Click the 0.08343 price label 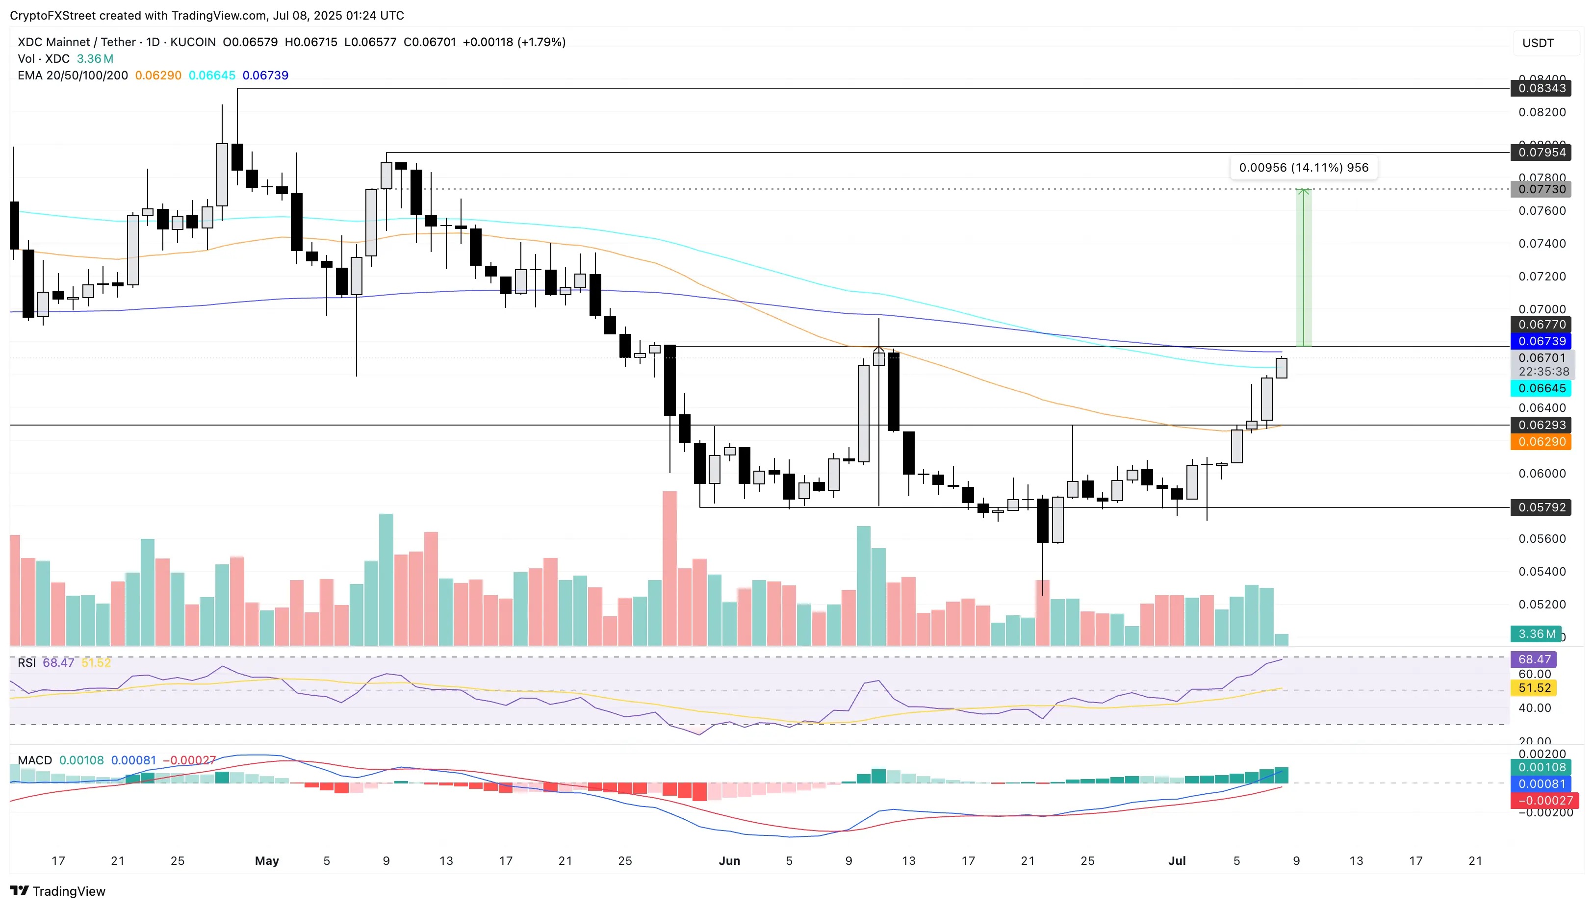1541,88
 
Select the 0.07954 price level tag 1541,152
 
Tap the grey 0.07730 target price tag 1541,189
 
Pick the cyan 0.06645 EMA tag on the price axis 1541,388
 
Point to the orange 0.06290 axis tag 1541,442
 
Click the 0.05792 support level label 1541,507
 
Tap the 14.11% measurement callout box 1303,167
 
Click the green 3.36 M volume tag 1535,633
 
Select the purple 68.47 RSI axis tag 1534,659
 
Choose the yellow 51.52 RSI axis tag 1534,688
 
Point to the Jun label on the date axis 729,860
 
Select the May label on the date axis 267,860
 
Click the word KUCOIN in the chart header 193,42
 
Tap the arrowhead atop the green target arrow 1303,191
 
